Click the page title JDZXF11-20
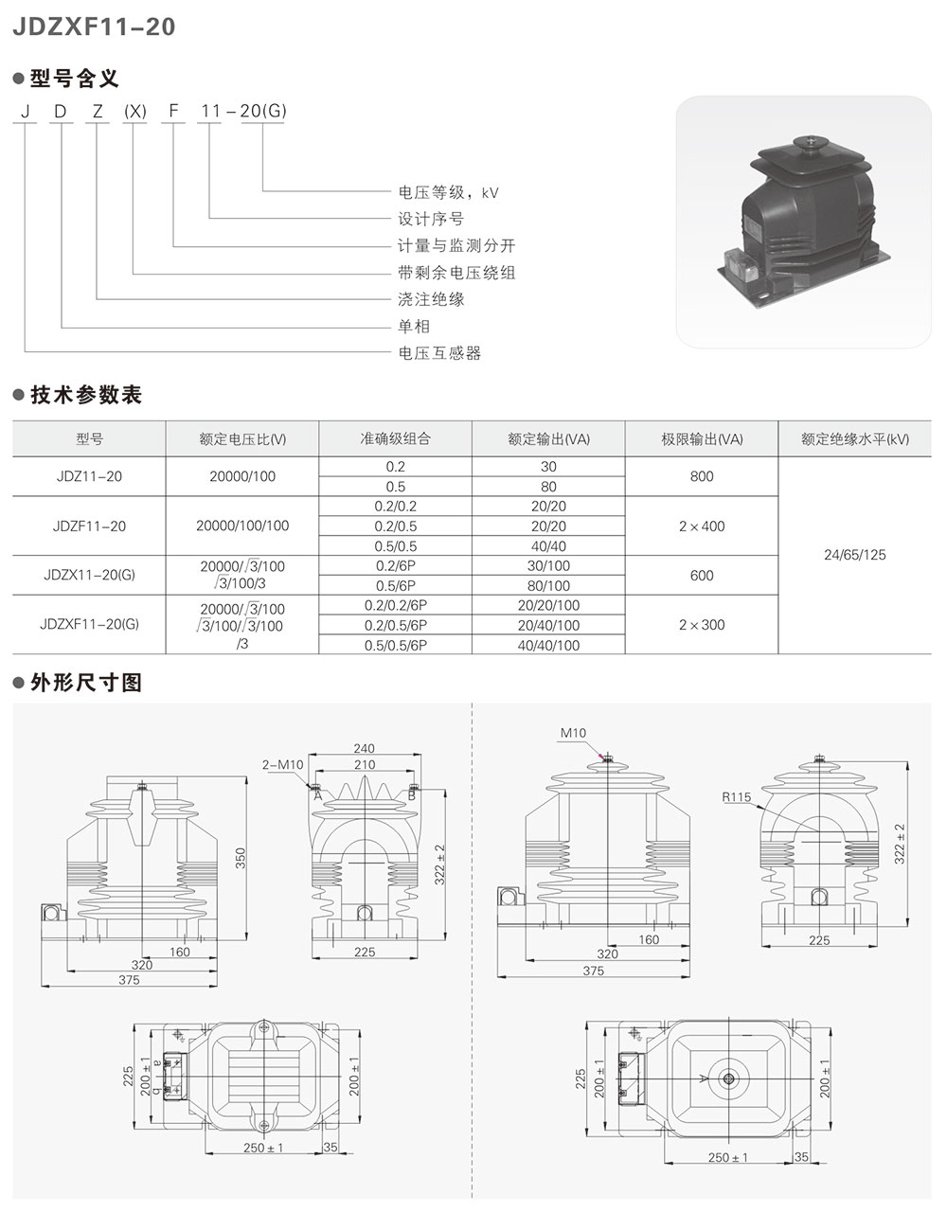(94, 27)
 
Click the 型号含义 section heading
(74, 78)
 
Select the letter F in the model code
(173, 111)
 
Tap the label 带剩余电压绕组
(456, 273)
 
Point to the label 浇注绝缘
(431, 299)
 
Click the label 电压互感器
(439, 353)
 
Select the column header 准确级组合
(396, 438)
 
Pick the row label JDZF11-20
(89, 526)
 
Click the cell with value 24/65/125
(854, 555)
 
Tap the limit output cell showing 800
(702, 476)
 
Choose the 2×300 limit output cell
(702, 625)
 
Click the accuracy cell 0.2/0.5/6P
(396, 625)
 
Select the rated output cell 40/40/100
(549, 646)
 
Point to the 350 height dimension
(241, 859)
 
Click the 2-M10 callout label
(283, 765)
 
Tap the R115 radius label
(736, 797)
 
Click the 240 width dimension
(365, 748)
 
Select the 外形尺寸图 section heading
(86, 682)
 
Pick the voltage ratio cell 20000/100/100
(242, 526)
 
